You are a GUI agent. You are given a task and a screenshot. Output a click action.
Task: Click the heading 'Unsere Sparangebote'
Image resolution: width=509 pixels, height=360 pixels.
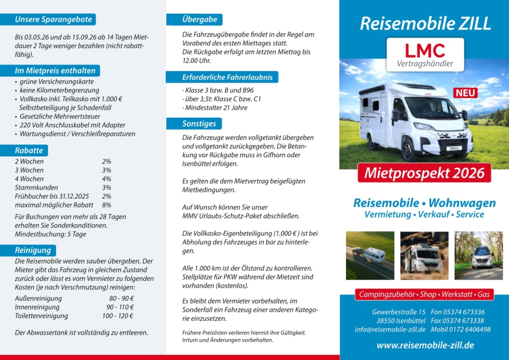54,19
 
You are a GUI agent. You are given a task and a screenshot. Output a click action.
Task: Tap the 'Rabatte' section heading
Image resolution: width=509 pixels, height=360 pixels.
29,151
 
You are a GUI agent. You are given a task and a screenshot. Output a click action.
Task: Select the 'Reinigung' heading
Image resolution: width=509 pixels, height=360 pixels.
33,250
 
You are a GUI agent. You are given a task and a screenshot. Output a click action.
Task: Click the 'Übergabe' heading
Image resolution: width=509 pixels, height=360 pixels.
200,19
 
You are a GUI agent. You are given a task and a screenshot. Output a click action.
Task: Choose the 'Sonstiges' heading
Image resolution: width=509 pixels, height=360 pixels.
199,123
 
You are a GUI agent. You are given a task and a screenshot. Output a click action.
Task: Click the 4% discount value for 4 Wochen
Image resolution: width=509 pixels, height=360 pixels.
106,179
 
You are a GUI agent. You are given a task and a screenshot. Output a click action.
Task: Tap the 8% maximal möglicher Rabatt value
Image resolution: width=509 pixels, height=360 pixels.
106,205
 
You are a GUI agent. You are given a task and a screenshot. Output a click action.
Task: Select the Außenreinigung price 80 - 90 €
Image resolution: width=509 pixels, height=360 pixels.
121,298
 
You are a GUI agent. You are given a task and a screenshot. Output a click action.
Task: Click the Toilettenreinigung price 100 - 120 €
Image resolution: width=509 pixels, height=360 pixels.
118,316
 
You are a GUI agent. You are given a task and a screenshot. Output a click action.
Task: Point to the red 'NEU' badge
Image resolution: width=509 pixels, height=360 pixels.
465,93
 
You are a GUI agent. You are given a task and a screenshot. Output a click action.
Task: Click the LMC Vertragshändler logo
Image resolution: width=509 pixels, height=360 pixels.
425,54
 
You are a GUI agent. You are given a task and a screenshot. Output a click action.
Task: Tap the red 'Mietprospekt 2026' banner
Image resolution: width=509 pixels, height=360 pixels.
424,173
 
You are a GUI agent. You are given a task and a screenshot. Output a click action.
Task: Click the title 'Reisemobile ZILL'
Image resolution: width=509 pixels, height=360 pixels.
425,24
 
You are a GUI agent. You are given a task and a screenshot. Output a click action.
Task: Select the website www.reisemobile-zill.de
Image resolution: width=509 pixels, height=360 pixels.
425,345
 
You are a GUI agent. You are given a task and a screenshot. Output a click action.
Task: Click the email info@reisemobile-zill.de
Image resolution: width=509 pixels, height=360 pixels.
390,329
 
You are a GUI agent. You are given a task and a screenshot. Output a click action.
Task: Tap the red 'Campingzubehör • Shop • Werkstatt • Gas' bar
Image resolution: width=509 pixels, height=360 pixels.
425,295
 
